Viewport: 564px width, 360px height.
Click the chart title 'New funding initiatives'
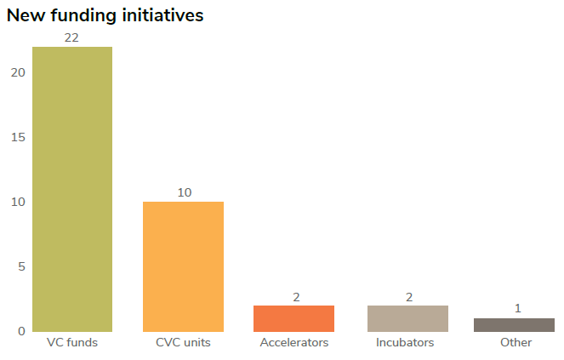[105, 15]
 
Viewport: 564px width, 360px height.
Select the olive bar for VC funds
[72, 189]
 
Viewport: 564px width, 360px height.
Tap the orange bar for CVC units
[183, 266]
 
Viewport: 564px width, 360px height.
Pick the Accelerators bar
[294, 318]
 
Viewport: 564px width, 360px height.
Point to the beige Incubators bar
[407, 318]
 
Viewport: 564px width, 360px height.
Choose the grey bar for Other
[514, 324]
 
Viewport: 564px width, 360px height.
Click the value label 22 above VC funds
[71, 37]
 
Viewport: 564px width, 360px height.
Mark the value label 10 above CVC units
[184, 192]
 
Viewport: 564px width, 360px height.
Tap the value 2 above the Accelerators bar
[296, 296]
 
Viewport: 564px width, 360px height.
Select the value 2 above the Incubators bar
[408, 296]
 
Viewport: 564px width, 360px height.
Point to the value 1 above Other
[517, 308]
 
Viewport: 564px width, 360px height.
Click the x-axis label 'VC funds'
[71, 342]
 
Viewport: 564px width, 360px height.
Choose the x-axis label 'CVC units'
[183, 342]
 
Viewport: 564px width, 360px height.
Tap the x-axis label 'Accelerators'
[294, 342]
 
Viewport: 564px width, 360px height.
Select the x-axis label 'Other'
[516, 342]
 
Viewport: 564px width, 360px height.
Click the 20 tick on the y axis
[19, 72]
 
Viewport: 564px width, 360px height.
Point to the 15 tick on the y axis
[19, 137]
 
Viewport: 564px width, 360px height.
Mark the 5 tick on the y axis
[21, 266]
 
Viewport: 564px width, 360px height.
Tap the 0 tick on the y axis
[21, 331]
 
